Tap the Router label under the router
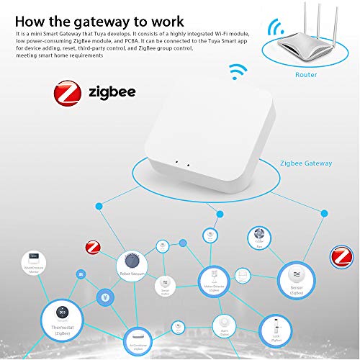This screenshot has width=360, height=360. (305, 73)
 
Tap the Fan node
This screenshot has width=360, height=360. (258, 238)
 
